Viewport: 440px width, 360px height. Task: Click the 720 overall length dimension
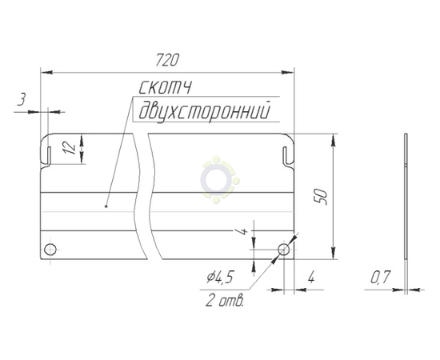point(166,60)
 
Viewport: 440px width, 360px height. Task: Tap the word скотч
point(166,87)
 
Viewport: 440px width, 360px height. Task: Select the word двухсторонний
point(205,111)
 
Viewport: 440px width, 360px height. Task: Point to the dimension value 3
point(22,100)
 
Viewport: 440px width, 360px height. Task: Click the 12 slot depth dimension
point(70,147)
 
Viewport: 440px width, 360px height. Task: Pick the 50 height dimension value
point(321,197)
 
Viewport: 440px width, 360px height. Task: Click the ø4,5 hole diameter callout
point(220,278)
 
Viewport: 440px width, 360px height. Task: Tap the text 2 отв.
point(225,301)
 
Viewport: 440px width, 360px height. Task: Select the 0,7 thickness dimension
point(380,278)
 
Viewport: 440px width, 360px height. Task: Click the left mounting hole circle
point(50,249)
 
